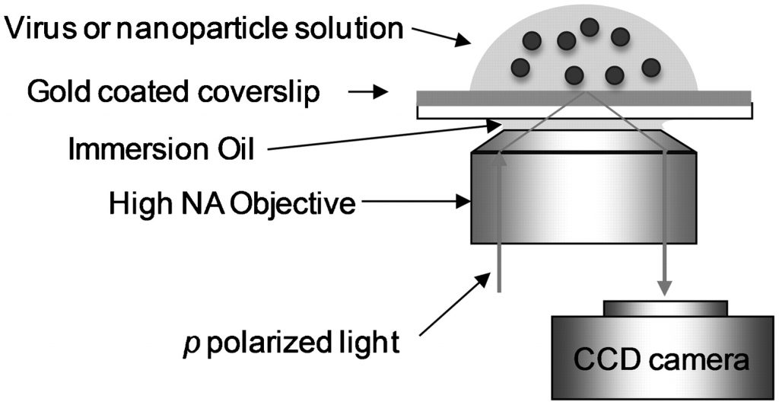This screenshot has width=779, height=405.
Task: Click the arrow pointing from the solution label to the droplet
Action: tap(438, 37)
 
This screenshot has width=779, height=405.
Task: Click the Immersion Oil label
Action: tap(160, 148)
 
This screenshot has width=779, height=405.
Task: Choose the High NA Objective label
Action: tap(232, 203)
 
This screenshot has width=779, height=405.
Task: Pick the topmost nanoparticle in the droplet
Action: tap(590, 27)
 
